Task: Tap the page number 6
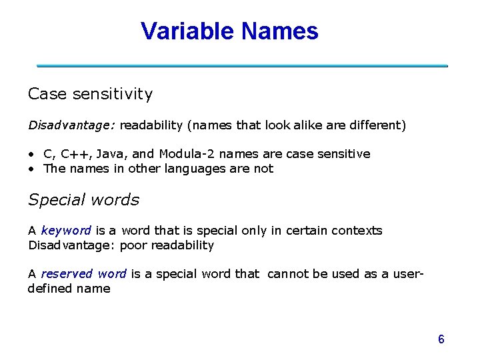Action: tap(441, 339)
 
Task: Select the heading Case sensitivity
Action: tap(90, 94)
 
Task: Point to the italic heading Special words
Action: tap(83, 199)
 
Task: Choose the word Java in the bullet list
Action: tap(111, 154)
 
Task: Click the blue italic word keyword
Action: tap(65, 231)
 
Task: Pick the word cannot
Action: tap(287, 274)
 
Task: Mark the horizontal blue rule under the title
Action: tap(242, 66)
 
